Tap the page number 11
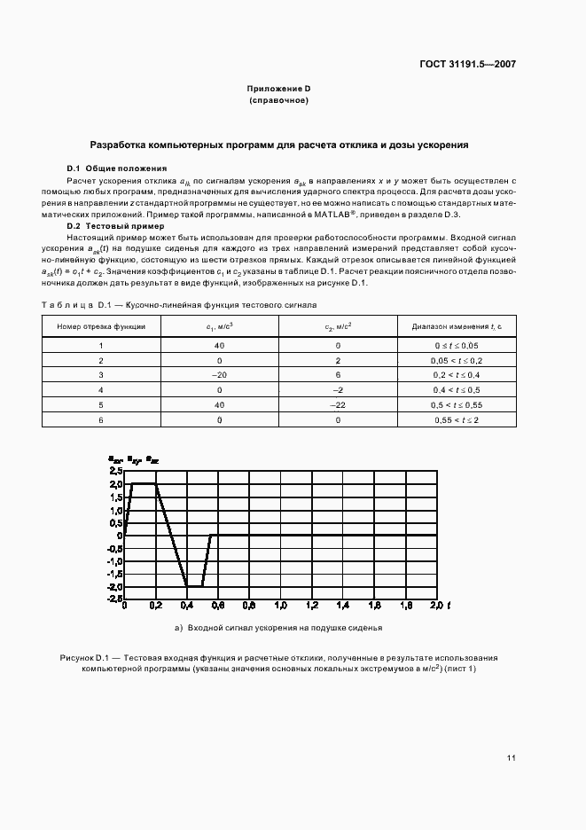click(x=512, y=757)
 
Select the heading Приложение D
click(x=278, y=89)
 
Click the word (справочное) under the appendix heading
click(x=278, y=101)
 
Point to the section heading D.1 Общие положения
click(x=117, y=168)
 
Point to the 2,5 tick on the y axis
click(x=115, y=472)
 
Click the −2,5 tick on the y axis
click(x=113, y=599)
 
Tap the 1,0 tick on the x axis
click(x=280, y=606)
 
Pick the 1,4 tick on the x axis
click(x=342, y=606)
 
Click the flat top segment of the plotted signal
click(x=144, y=484)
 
